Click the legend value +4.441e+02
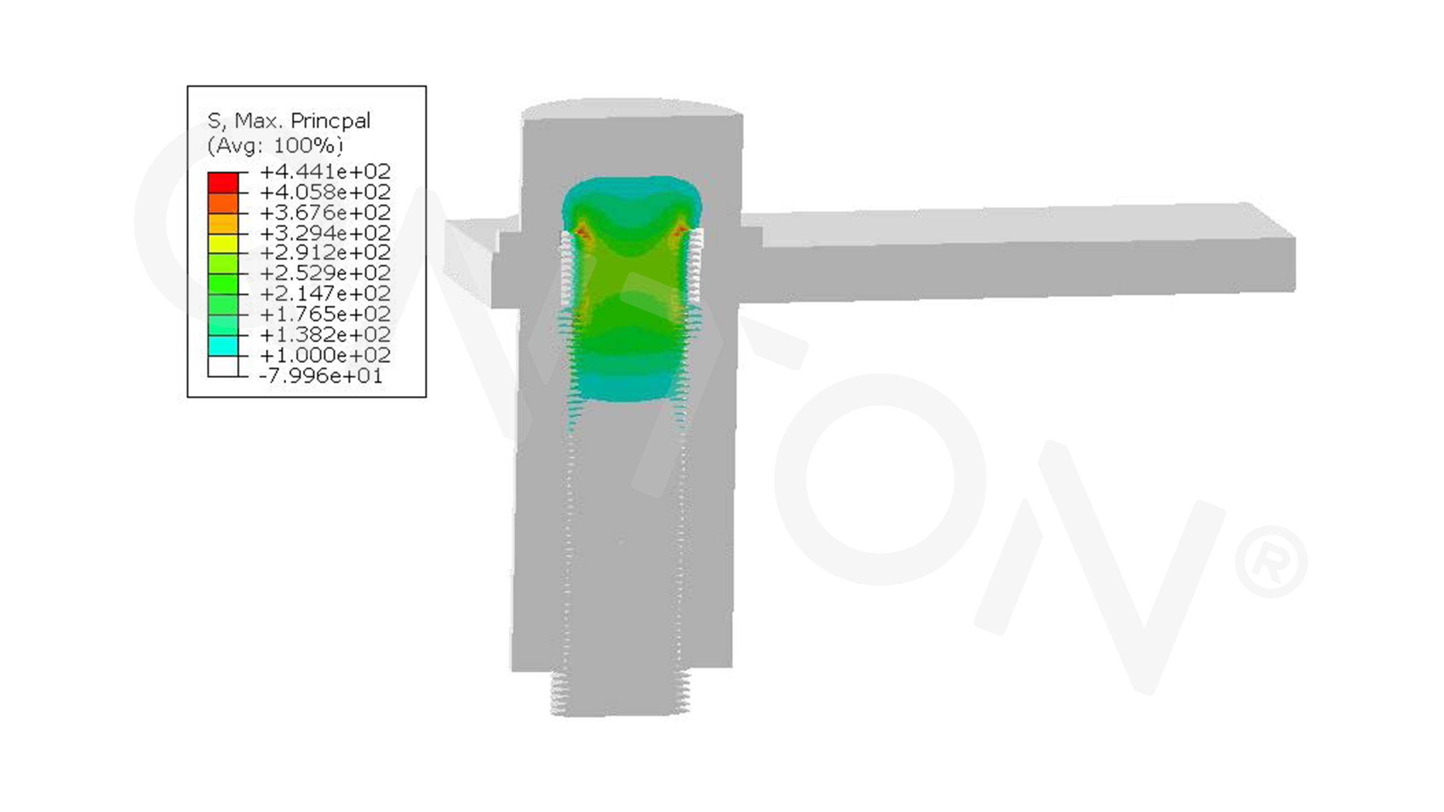[x=325, y=171]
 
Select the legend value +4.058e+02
[x=325, y=192]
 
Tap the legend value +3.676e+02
[x=325, y=212]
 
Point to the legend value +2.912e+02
[x=325, y=252]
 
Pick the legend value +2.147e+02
[x=325, y=293]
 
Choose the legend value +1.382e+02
[x=325, y=334]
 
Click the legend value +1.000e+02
[x=325, y=355]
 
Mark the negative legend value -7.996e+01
[x=321, y=376]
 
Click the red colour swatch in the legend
[x=223, y=183]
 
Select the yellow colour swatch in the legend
[x=223, y=244]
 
